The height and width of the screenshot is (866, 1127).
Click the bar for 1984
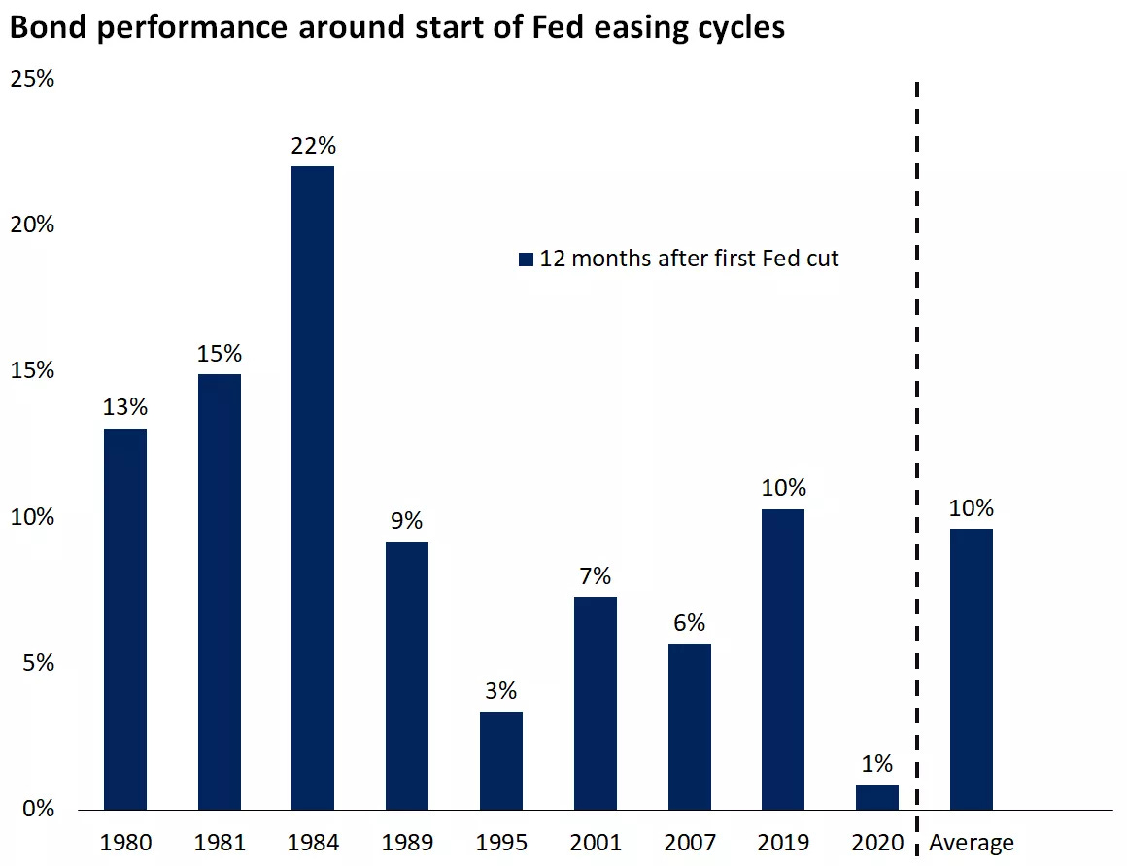(313, 486)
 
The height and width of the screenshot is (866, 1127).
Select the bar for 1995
(501, 760)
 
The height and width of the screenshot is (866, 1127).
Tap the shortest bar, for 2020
(877, 797)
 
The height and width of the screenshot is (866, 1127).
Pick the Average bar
(972, 669)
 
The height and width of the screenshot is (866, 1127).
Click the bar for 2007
(690, 726)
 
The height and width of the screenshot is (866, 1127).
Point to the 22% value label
(313, 146)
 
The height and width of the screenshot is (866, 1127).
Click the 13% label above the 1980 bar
(124, 408)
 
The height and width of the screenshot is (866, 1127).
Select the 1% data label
(877, 764)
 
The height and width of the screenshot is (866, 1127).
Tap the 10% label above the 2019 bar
(783, 488)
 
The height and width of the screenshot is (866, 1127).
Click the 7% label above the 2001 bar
(596, 575)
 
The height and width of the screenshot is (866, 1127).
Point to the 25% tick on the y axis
(31, 79)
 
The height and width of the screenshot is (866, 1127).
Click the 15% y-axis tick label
(31, 371)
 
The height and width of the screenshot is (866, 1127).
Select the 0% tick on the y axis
(36, 810)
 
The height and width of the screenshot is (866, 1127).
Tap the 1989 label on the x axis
(407, 843)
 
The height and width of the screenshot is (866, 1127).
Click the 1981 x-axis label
(219, 843)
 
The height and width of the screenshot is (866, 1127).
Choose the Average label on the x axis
(972, 843)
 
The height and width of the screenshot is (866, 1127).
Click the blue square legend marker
(527, 260)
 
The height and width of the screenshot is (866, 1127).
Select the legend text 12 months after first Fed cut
(690, 259)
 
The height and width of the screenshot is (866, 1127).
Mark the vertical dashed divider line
(916, 437)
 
